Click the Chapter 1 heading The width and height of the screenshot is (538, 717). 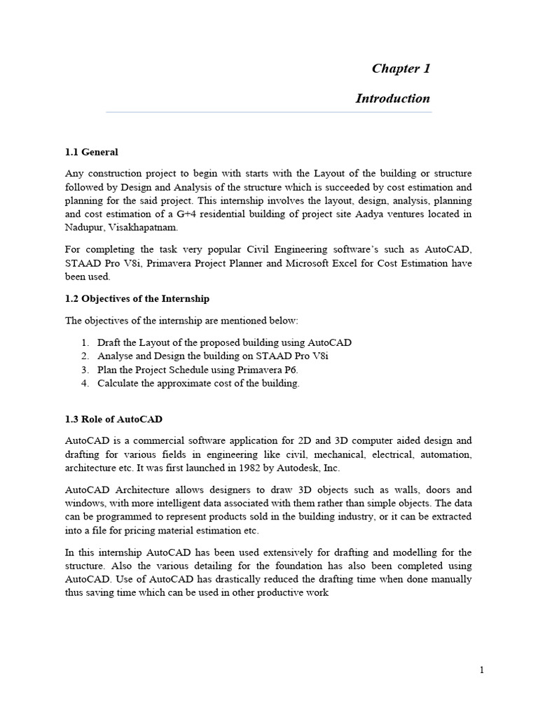pyautogui.click(x=401, y=69)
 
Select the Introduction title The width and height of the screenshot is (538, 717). pyautogui.click(x=392, y=99)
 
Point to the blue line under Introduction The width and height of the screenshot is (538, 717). pyautogui.click(x=268, y=112)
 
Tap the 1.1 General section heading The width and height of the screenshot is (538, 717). pyautogui.click(x=92, y=152)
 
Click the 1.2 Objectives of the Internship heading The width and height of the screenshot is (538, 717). pyautogui.click(x=137, y=298)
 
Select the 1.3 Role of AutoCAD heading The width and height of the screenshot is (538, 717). pyautogui.click(x=113, y=419)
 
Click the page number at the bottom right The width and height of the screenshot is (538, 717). pyautogui.click(x=482, y=670)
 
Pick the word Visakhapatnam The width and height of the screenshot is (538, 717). pyautogui.click(x=149, y=228)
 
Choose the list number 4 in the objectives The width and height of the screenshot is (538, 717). pyautogui.click(x=84, y=383)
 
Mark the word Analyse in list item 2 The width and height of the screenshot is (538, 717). pyautogui.click(x=116, y=356)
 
